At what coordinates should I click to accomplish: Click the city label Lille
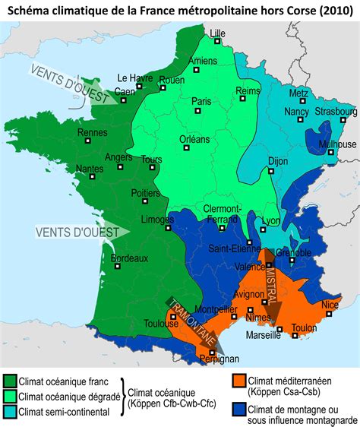click(x=218, y=33)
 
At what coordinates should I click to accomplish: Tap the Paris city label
click(x=201, y=101)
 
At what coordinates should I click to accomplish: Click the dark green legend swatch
click(x=10, y=381)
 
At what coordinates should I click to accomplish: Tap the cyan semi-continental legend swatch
click(x=10, y=411)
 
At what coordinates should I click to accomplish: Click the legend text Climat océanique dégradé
click(x=69, y=396)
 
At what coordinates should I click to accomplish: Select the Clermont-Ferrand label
click(x=222, y=214)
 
